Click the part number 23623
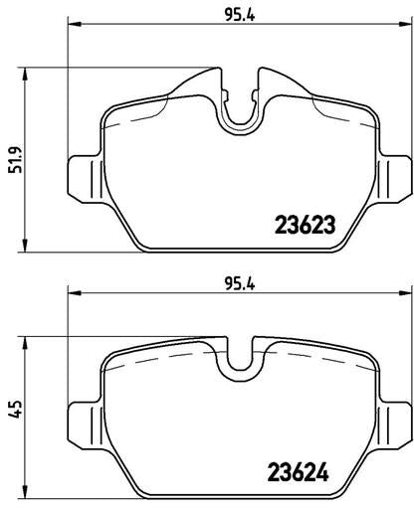click(306, 225)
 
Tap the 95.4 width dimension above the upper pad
click(240, 15)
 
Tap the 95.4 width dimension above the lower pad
click(240, 284)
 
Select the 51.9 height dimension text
click(16, 159)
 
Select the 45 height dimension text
click(16, 409)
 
